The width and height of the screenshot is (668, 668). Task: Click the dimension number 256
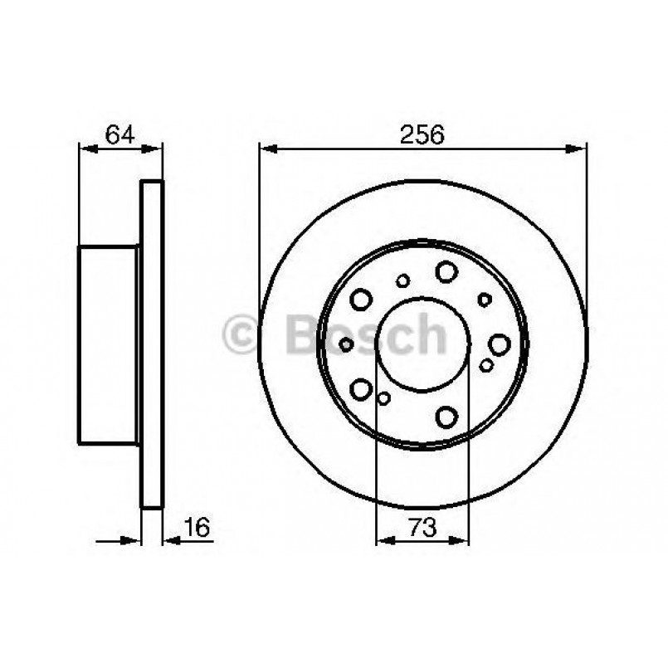[425, 134]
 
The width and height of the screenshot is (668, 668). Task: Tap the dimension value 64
[119, 134]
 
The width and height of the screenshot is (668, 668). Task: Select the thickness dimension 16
[195, 526]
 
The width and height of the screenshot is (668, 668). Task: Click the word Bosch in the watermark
[365, 334]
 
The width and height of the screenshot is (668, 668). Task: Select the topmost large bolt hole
[446, 271]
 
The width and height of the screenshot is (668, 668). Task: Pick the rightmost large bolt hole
[499, 344]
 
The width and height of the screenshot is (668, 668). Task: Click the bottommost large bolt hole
[447, 416]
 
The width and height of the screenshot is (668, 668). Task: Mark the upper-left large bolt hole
[361, 298]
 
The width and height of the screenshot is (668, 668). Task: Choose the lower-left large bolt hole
[361, 388]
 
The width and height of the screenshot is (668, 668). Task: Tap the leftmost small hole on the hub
[347, 344]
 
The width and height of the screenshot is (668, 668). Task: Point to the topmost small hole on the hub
[402, 281]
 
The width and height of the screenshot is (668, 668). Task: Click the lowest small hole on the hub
[383, 399]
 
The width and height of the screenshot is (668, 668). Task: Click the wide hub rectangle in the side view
[108, 344]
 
